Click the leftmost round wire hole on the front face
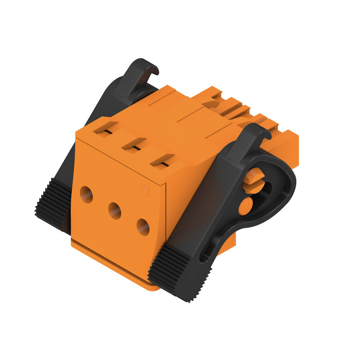86,194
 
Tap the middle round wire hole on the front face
114,210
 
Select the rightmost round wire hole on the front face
143,227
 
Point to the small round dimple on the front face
145,190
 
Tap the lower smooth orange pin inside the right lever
245,206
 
